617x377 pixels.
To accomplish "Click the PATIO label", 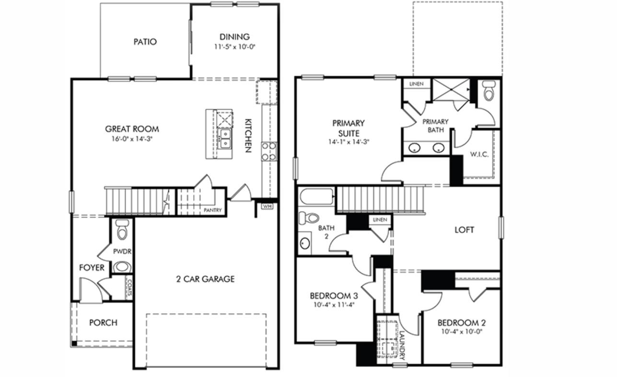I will coord(145,42).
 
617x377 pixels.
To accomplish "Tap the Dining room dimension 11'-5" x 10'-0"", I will coord(235,47).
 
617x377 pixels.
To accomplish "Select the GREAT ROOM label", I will coord(132,129).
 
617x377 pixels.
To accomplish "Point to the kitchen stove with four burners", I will coord(269,151).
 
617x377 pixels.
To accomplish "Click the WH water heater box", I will coord(267,206).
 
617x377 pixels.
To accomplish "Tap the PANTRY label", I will coord(212,210).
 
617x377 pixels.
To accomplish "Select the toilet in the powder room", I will coord(122,230).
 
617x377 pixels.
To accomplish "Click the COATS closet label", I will coord(129,287).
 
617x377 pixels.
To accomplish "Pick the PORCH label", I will coord(103,323).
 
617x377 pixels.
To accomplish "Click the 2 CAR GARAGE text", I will coord(205,279).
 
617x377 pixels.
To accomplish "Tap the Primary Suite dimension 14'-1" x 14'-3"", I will coord(349,142).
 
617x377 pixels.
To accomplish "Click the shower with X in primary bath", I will coord(451,90).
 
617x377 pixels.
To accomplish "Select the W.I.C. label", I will coord(478,155).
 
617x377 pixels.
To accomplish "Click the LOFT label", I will coord(464,230).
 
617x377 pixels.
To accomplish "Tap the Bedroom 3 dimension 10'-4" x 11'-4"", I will coord(334,305).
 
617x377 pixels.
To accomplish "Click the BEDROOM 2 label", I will coord(461,323).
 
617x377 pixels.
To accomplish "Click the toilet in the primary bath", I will coord(489,91).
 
